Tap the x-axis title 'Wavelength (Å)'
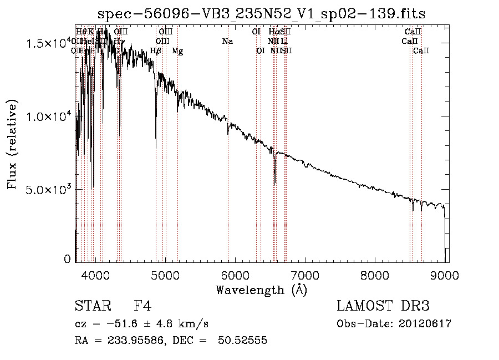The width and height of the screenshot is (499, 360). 261,290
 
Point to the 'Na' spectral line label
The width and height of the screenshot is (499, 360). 227,42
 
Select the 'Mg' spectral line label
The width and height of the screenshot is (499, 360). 177,51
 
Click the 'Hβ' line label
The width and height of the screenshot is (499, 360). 156,51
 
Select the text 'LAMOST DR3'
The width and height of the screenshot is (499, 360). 383,306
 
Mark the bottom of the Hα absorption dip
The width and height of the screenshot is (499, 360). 275,184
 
